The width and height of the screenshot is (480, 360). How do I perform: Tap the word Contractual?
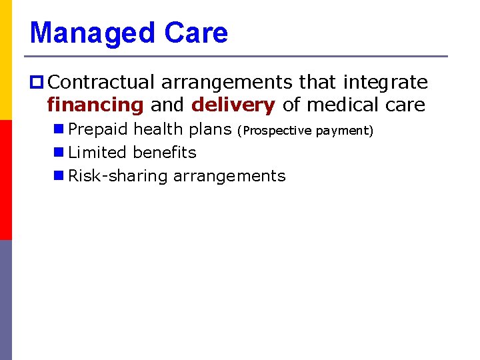click(x=103, y=83)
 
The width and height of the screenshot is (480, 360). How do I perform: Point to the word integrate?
click(x=385, y=83)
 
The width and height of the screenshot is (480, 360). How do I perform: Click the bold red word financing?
click(x=95, y=105)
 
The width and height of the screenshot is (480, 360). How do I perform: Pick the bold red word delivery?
click(x=233, y=105)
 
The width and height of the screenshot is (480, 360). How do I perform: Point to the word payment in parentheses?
click(x=344, y=131)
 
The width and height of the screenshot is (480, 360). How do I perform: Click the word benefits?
click(x=165, y=153)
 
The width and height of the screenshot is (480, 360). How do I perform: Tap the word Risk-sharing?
click(x=118, y=176)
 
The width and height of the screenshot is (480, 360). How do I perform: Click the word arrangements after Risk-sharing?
click(x=229, y=176)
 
